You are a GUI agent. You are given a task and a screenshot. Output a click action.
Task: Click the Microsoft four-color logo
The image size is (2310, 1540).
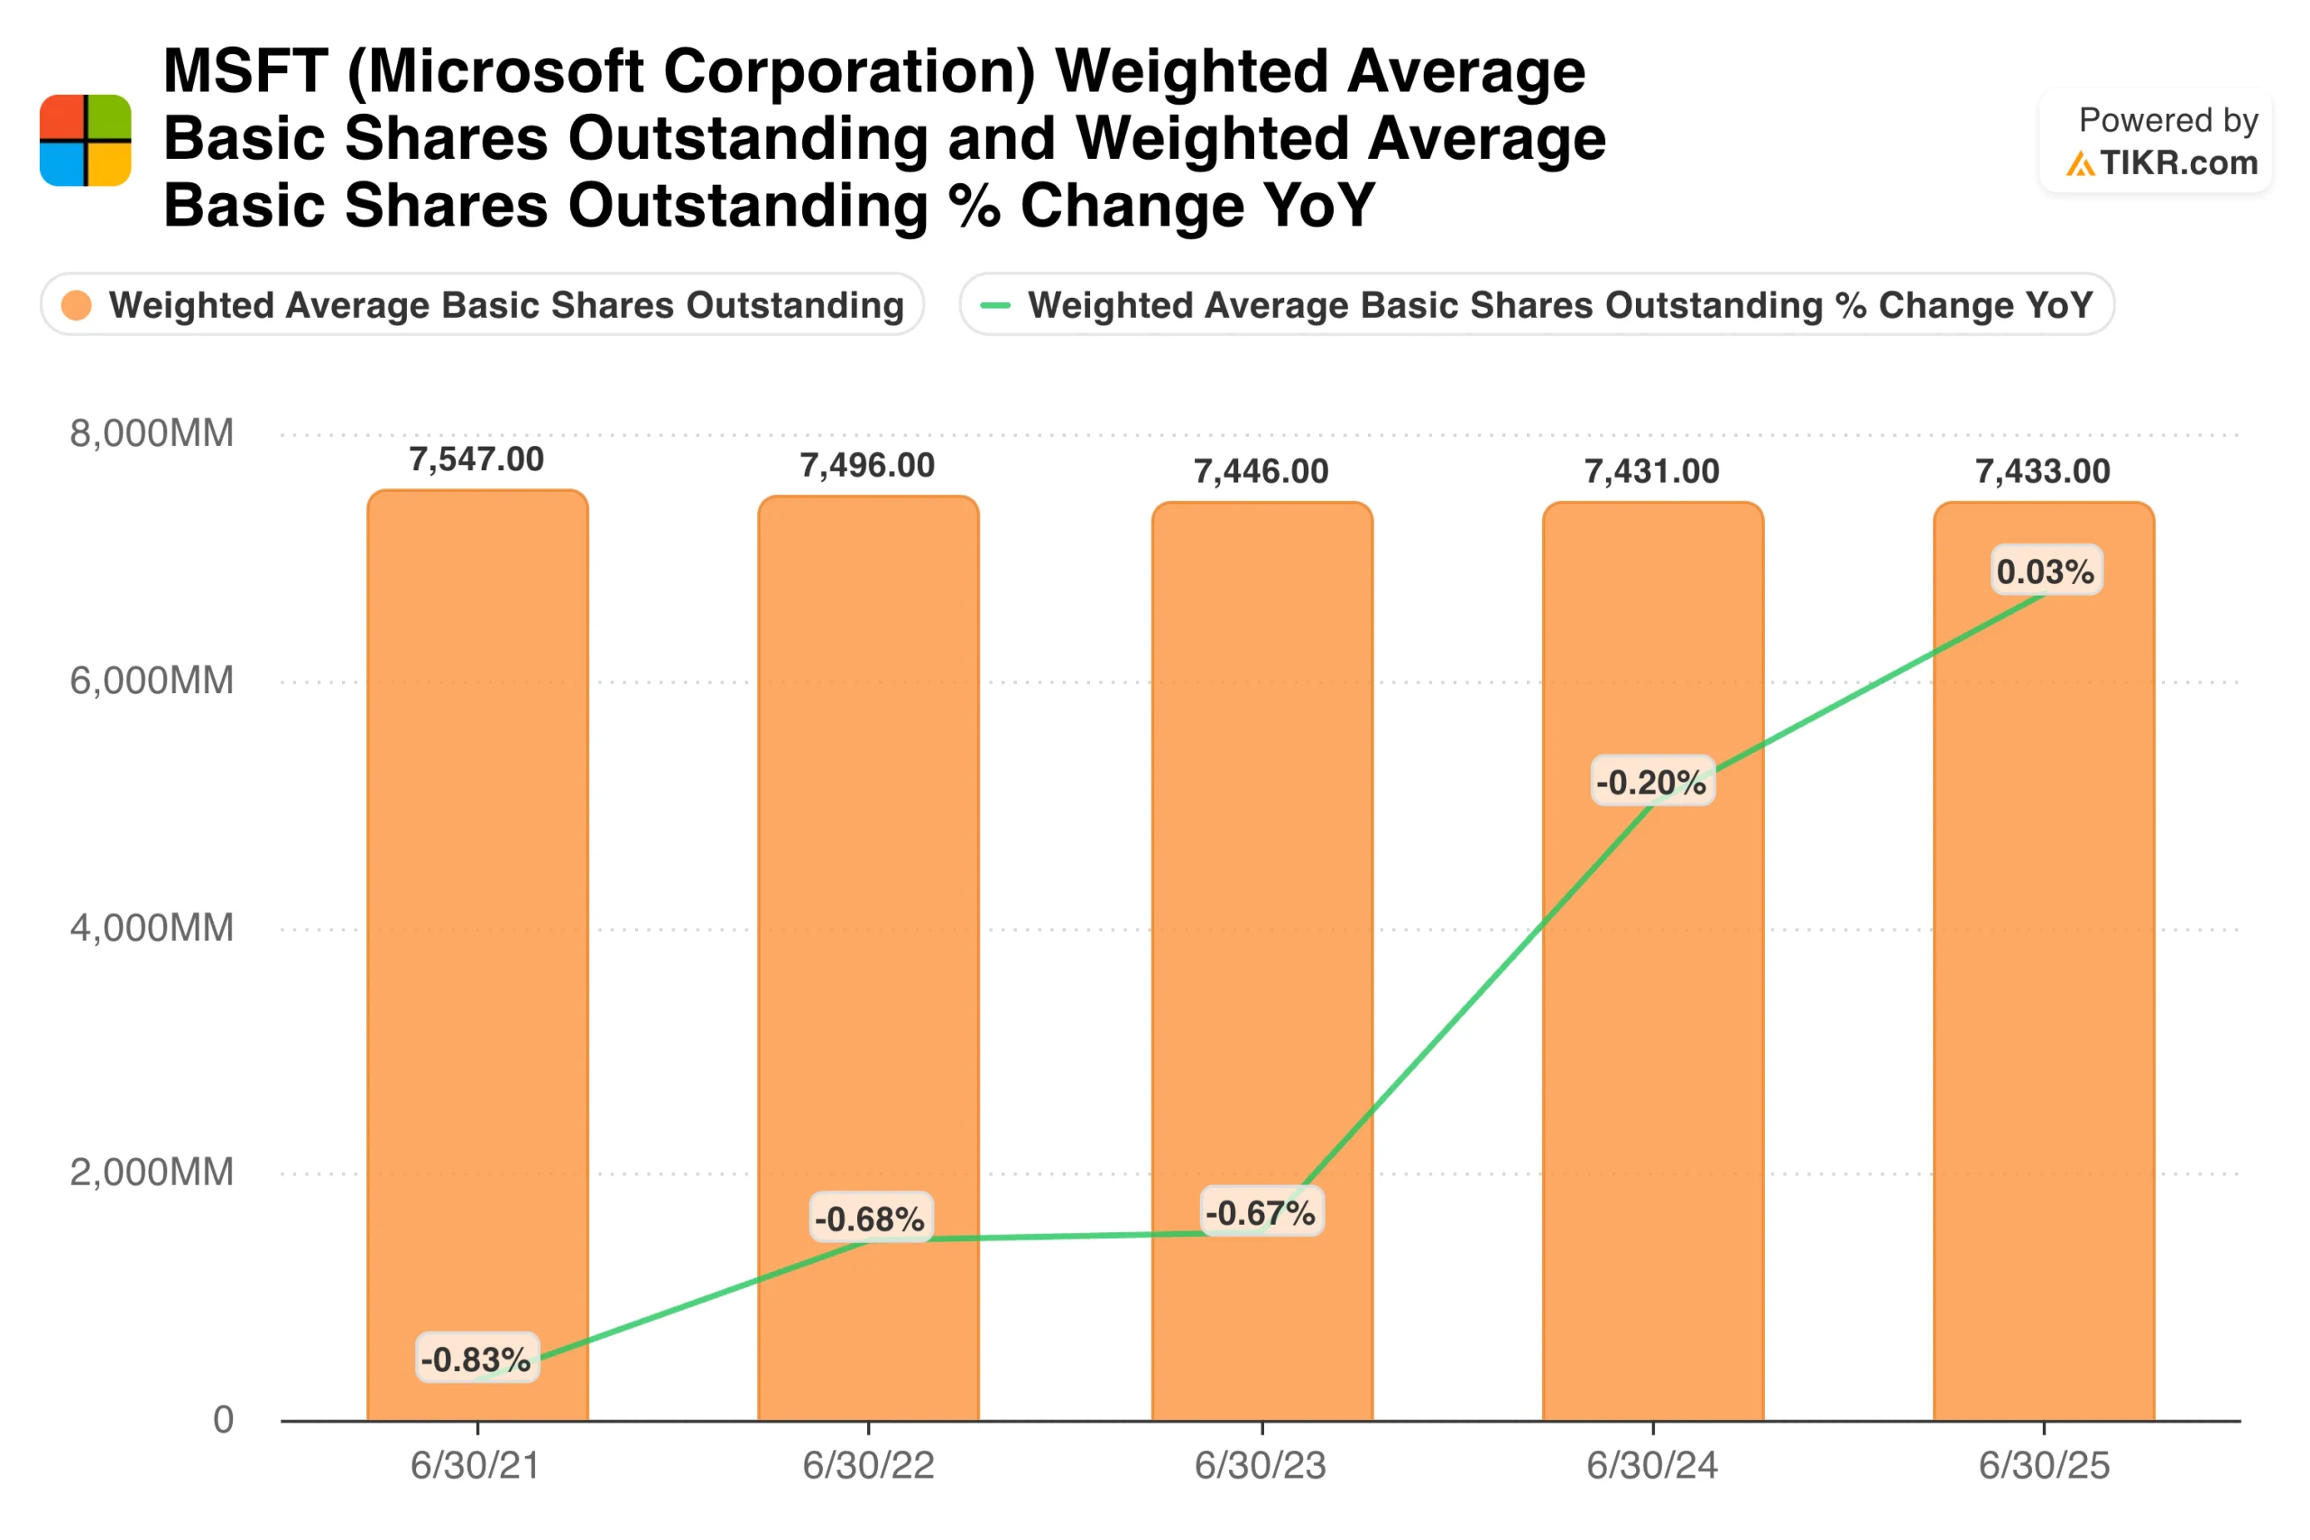click(x=86, y=141)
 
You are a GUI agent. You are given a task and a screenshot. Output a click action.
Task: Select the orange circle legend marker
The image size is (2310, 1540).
click(x=77, y=305)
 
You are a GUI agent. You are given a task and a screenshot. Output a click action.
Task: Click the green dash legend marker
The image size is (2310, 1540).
click(x=994, y=305)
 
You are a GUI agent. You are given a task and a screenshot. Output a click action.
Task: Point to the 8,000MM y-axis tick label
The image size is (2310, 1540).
click(x=152, y=433)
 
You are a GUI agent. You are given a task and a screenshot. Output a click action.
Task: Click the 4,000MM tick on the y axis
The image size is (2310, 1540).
click(x=152, y=927)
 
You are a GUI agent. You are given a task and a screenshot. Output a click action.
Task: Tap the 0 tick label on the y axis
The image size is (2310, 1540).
click(x=223, y=1419)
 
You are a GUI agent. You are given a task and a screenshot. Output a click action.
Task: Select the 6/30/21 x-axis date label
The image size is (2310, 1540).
click(x=476, y=1465)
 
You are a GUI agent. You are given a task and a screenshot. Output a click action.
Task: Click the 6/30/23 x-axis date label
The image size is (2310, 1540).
click(x=1260, y=1465)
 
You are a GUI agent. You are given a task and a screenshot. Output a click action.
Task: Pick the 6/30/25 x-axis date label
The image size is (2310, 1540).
click(x=2043, y=1465)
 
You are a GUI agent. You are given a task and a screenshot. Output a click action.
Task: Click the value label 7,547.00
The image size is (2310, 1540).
click(x=476, y=459)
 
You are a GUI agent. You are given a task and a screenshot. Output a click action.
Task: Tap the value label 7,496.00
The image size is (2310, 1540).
click(x=867, y=466)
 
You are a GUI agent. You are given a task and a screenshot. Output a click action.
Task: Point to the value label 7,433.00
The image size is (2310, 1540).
click(x=2042, y=471)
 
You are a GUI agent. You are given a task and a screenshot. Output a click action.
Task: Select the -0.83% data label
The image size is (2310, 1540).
click(x=476, y=1359)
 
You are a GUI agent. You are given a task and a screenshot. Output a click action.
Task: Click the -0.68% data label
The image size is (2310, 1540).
click(x=870, y=1219)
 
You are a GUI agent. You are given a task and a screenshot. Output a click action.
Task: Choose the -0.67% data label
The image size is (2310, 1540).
click(x=1261, y=1213)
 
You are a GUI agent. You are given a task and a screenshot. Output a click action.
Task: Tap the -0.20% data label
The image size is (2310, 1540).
click(x=1651, y=783)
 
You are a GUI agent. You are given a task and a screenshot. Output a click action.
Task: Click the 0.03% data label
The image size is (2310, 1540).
click(x=2045, y=571)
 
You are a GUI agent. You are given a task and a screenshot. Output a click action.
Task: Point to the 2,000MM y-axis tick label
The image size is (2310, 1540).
click(x=152, y=1172)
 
